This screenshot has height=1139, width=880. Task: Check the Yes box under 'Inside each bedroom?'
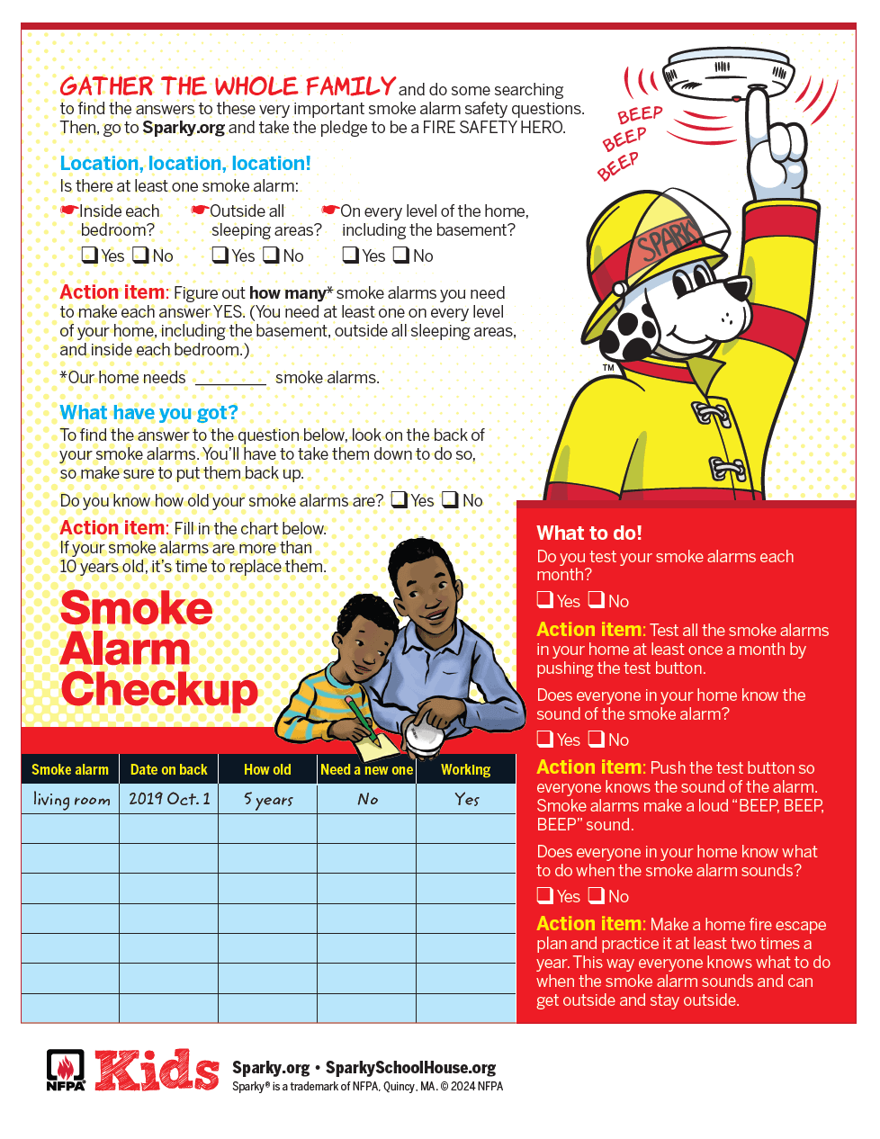[x=89, y=255]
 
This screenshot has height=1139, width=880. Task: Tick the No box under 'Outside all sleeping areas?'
[x=271, y=255]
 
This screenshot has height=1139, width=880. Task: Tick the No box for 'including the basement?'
[x=401, y=255]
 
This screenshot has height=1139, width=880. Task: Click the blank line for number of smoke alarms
[x=230, y=378]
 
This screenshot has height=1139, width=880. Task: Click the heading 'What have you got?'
[x=148, y=412]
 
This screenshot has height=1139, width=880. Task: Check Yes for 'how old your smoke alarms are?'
[x=400, y=499]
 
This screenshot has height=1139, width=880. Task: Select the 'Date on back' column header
[x=168, y=769]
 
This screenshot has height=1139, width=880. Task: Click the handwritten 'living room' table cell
[x=71, y=799]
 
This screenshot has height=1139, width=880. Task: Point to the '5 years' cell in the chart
[x=268, y=799]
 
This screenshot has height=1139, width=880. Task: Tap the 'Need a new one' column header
[x=366, y=769]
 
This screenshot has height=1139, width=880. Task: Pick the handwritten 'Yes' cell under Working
[x=467, y=799]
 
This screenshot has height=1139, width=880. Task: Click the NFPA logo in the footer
[x=66, y=1070]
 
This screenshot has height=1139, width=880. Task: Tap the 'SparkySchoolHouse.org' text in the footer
[x=410, y=1068]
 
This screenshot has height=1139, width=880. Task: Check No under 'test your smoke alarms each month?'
[x=597, y=599]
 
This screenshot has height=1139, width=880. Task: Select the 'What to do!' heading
[x=589, y=533]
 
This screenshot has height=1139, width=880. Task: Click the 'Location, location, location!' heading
[x=185, y=164]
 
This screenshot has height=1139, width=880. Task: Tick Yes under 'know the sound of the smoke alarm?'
[x=545, y=739]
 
